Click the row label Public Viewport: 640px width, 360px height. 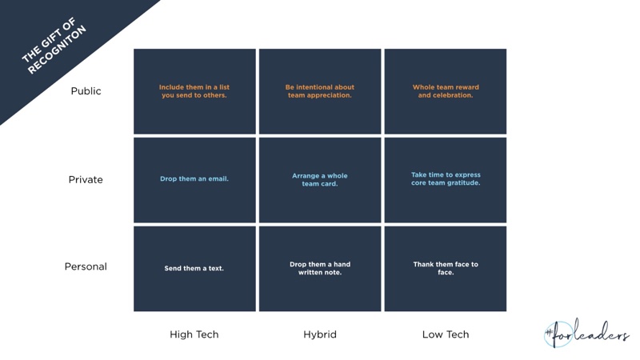coord(86,91)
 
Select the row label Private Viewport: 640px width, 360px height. coord(86,179)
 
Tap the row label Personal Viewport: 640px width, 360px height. coord(86,266)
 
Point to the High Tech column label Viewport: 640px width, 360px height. coord(194,334)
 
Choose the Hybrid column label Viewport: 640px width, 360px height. coord(320,334)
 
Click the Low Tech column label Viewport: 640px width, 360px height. coord(446,334)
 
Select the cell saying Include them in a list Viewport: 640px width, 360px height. coord(194,91)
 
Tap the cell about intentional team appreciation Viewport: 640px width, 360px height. coord(320,91)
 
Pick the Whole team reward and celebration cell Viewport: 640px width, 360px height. coord(446,91)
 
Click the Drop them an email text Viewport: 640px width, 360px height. coord(194,178)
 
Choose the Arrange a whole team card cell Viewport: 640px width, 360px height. coord(320,180)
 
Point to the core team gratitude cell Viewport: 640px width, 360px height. coord(446,180)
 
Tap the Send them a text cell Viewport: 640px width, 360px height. coord(194,269)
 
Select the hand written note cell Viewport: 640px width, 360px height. coord(320,269)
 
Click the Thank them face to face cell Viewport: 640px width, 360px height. coord(446,269)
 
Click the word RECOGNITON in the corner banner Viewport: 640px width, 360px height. coord(57,50)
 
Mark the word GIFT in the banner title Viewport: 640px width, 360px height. coord(54,38)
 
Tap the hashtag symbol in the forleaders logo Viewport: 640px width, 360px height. coord(549,334)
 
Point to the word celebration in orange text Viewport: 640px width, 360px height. coord(453,95)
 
